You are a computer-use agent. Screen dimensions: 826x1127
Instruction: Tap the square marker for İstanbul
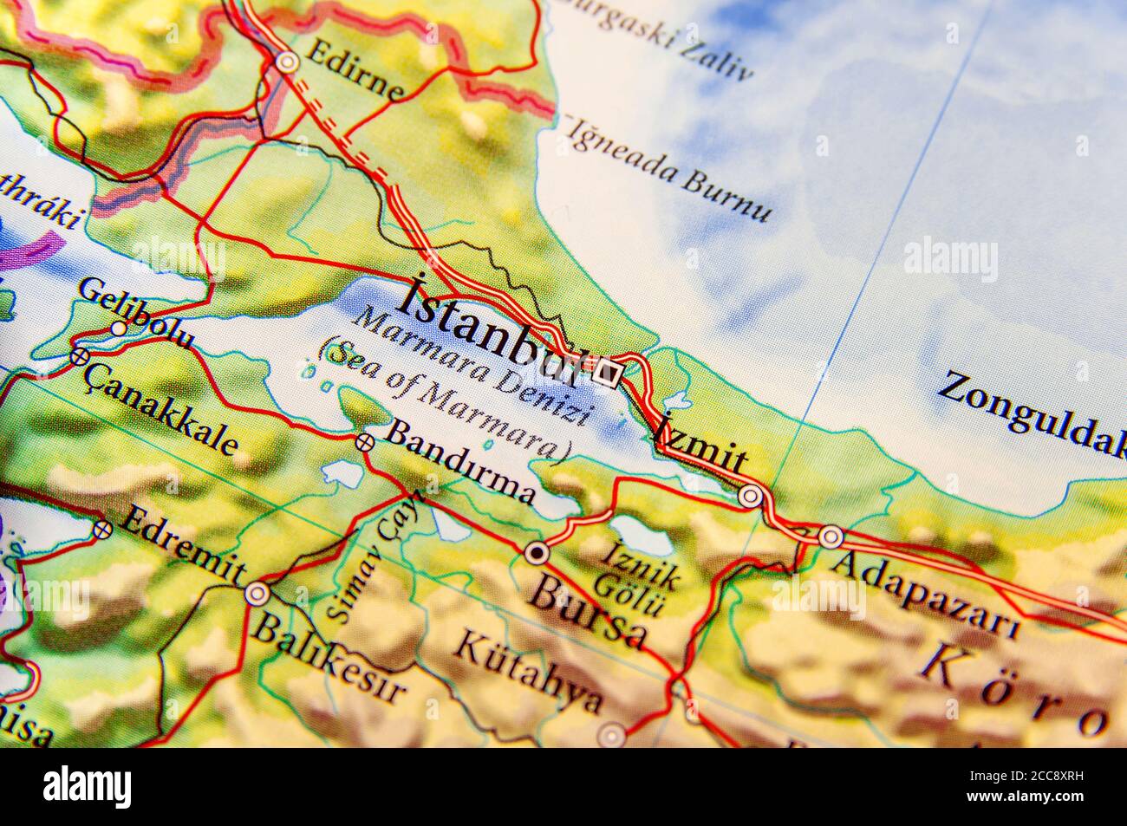pyautogui.click(x=609, y=373)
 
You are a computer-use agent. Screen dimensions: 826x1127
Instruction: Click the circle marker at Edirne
pyautogui.click(x=288, y=62)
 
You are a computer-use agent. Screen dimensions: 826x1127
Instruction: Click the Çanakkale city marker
pyautogui.click(x=80, y=355)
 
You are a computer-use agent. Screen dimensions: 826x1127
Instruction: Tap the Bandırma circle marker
pyautogui.click(x=364, y=442)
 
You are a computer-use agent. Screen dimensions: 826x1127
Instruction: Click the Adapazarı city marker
pyautogui.click(x=831, y=537)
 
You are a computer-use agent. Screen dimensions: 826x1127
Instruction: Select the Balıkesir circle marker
pyautogui.click(x=257, y=594)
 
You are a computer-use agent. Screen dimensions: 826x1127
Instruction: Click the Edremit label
pyautogui.click(x=182, y=547)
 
